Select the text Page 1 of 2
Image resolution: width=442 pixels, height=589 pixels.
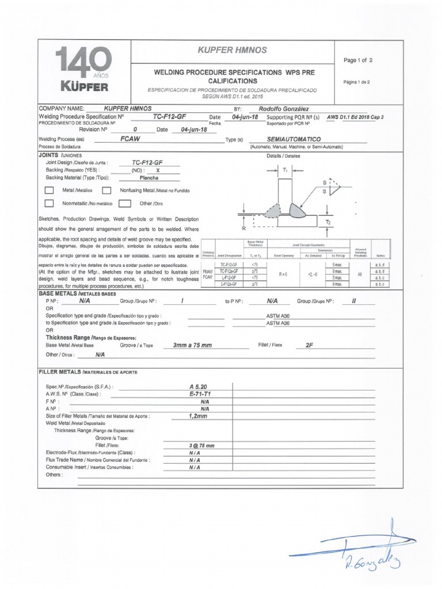[x=358, y=60]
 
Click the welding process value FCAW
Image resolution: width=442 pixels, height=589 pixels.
[x=131, y=139]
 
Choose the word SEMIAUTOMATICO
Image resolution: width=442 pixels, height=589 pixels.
[x=294, y=139]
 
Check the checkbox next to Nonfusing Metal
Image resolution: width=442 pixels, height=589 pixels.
[x=106, y=190]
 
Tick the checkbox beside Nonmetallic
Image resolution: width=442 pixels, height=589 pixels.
[x=49, y=203]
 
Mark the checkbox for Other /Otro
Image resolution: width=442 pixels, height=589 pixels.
[x=124, y=203]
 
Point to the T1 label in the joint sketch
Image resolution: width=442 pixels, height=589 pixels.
[x=285, y=170]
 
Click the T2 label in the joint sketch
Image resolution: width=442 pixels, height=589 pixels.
[x=328, y=221]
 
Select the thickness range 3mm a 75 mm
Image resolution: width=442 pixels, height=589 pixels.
[x=192, y=345]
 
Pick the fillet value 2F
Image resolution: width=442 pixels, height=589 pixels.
[x=309, y=345]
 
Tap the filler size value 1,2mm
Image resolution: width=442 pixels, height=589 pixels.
[x=197, y=416]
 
